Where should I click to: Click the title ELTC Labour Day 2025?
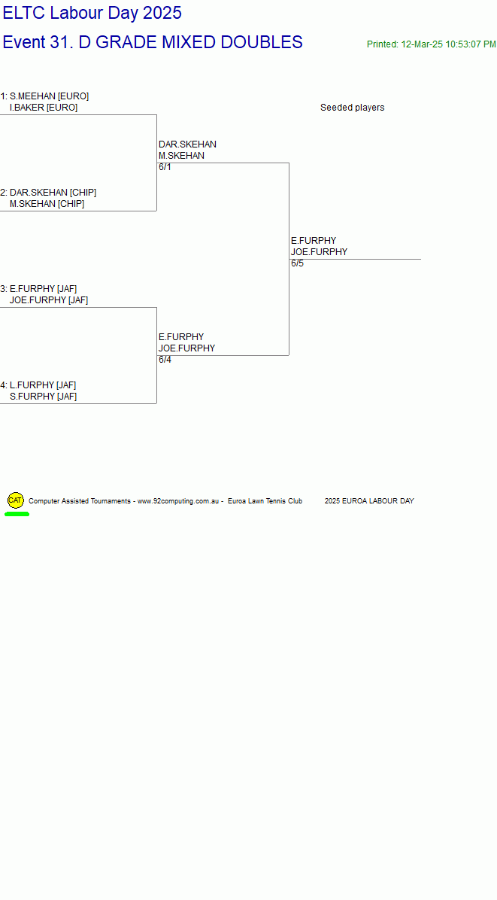[92, 13]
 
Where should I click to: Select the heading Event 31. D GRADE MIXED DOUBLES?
[153, 42]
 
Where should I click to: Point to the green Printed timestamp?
[432, 44]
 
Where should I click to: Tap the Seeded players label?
[353, 108]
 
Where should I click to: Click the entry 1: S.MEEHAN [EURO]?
[44, 96]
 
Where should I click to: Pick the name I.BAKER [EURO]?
[44, 108]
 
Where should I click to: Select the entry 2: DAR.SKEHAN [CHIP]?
[49, 193]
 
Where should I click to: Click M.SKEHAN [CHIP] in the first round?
[47, 205]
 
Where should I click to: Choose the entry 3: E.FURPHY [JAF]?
[39, 289]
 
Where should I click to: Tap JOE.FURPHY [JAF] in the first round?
[49, 301]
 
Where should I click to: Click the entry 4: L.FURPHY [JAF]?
[38, 386]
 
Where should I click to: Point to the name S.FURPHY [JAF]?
[43, 397]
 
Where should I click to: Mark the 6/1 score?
[165, 168]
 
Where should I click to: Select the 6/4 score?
[165, 360]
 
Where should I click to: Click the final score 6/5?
[298, 264]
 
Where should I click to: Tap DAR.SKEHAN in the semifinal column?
[187, 144]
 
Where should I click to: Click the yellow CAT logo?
[16, 500]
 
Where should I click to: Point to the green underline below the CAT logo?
[17, 514]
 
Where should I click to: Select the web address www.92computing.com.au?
[179, 502]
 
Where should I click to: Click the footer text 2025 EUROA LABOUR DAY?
[369, 502]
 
